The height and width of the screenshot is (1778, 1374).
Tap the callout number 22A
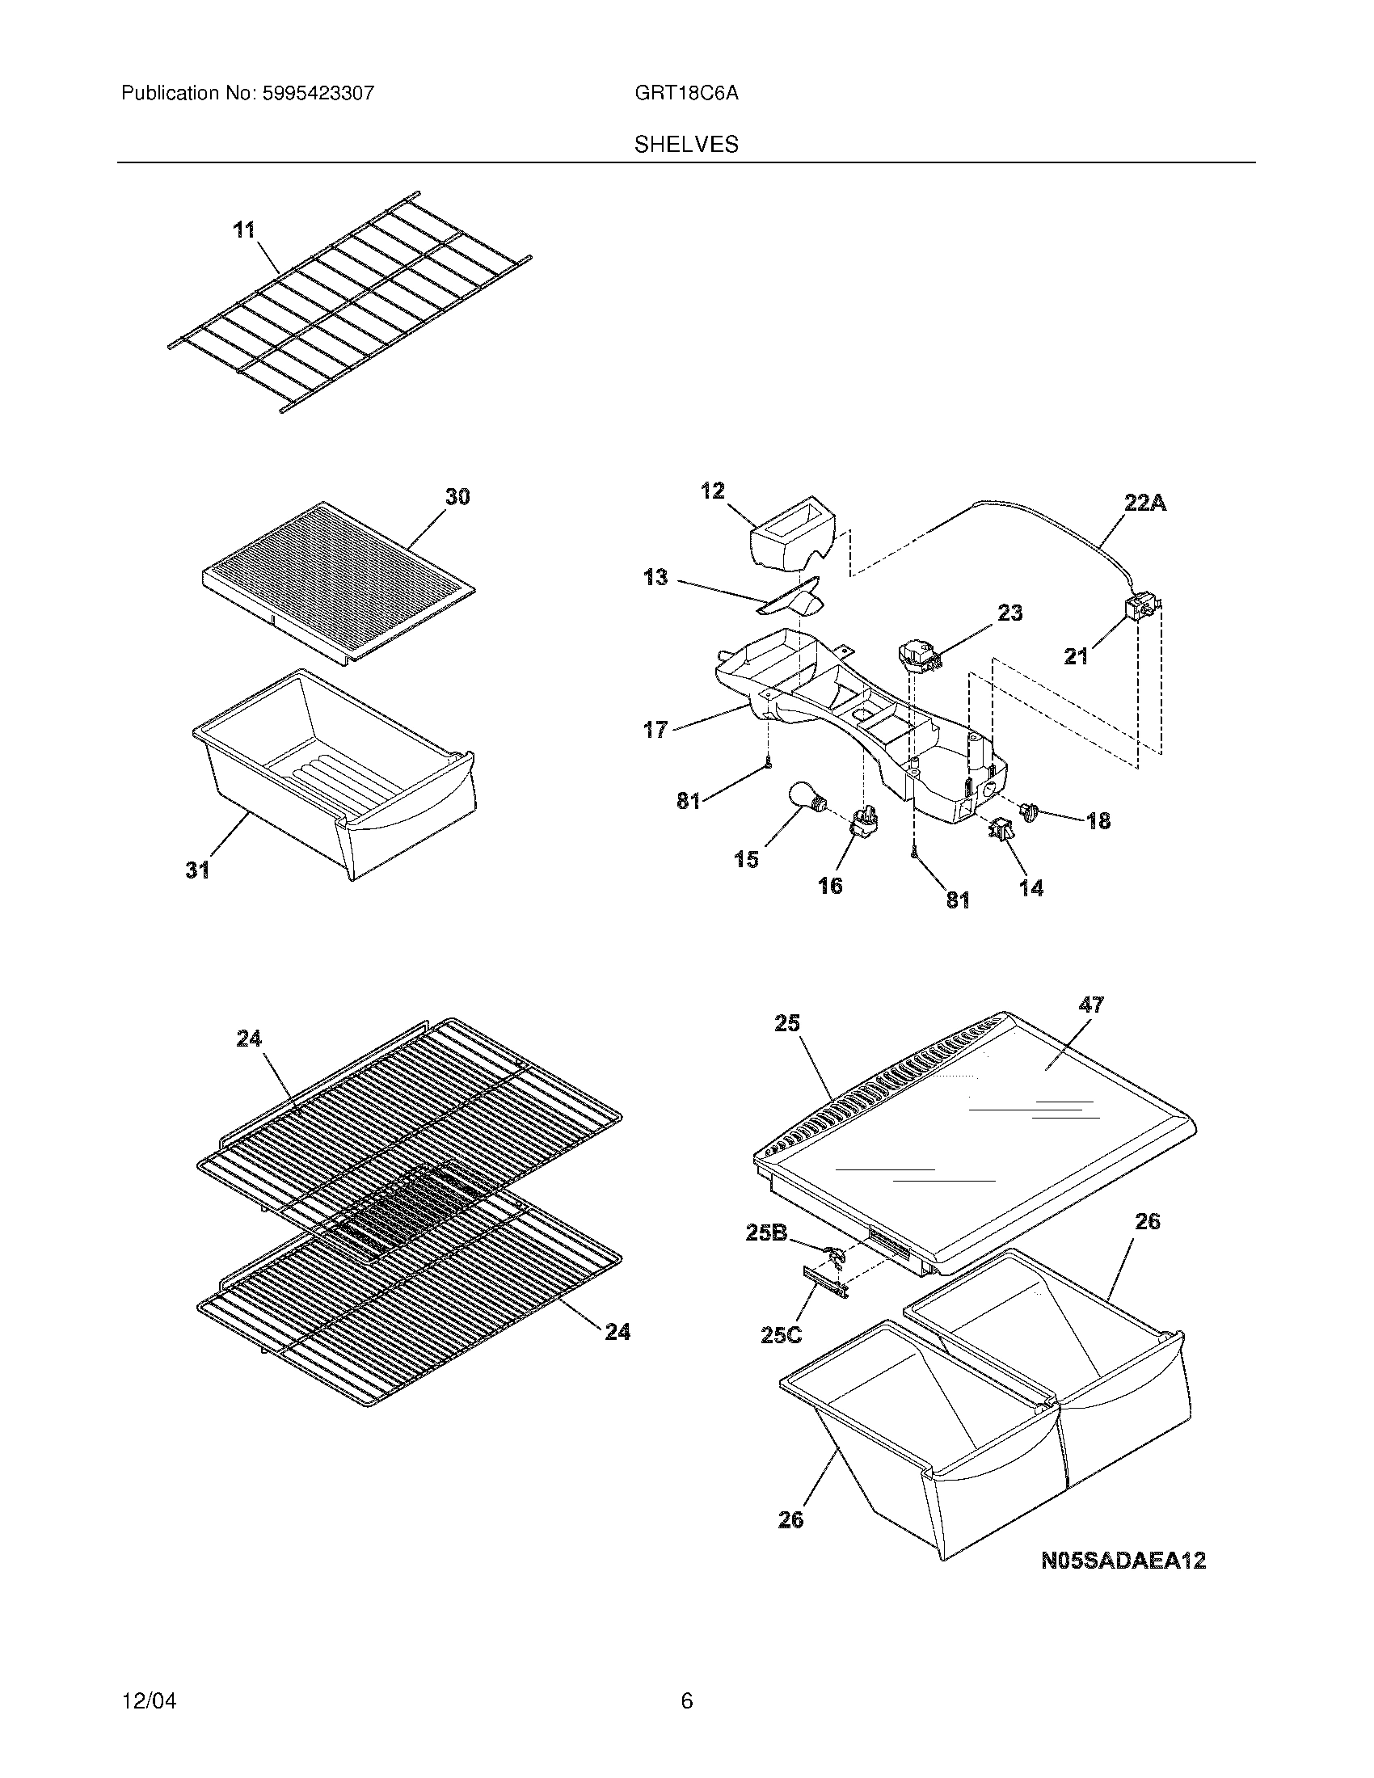pos(1144,504)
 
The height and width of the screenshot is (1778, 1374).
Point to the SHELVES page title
pos(686,145)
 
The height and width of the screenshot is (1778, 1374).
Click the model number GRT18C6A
pos(686,93)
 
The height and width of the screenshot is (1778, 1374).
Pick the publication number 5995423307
pos(318,93)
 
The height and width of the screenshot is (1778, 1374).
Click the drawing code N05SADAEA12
pos(1123,1560)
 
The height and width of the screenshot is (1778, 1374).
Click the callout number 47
pos(1091,1005)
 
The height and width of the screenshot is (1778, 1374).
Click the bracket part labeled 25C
pos(825,1282)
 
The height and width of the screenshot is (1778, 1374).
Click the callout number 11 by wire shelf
pos(244,230)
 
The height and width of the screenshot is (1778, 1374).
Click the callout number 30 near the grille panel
pos(457,495)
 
